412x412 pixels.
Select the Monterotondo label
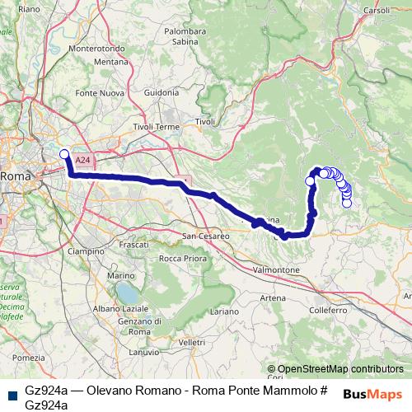click(x=97, y=49)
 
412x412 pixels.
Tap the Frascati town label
click(x=133, y=246)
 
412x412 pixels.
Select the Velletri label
click(x=190, y=341)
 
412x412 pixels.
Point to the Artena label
click(x=273, y=297)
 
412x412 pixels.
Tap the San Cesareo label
click(x=205, y=236)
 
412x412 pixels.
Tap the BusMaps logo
click(x=372, y=393)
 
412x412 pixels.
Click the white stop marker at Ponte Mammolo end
click(x=64, y=152)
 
